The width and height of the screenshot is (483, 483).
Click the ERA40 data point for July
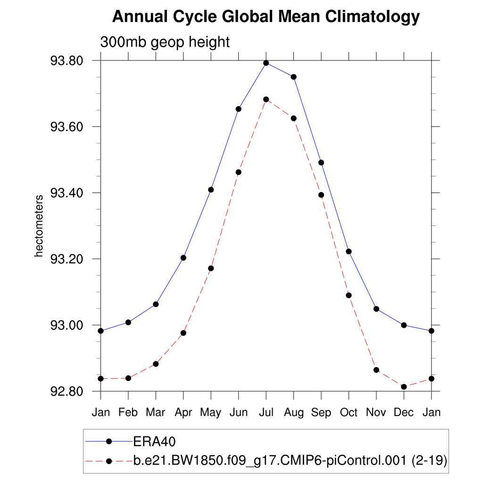click(266, 63)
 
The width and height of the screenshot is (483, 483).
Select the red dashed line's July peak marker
click(266, 100)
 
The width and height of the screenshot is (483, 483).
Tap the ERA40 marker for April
click(183, 258)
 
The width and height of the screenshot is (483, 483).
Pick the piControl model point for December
click(404, 387)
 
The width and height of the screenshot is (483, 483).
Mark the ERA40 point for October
click(349, 251)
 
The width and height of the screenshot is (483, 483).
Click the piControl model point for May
click(211, 268)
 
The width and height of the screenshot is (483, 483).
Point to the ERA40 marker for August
click(293, 77)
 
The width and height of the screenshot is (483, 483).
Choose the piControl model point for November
click(376, 370)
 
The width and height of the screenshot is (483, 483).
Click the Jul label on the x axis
click(266, 413)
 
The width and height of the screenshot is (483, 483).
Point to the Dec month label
click(404, 413)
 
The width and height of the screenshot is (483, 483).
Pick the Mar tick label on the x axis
click(156, 413)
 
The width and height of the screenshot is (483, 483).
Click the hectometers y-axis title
click(39, 226)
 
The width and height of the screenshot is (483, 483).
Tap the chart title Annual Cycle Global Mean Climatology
click(266, 17)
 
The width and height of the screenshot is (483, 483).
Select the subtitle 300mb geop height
click(165, 42)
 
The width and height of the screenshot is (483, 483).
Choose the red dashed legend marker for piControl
click(109, 461)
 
